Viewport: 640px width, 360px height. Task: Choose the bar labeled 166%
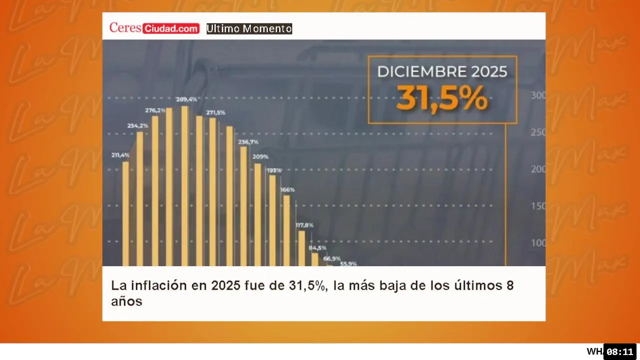(x=286, y=230)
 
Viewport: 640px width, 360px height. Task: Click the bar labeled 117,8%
(x=301, y=248)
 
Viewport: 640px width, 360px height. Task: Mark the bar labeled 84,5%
(x=315, y=259)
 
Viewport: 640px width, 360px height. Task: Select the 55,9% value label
(x=348, y=263)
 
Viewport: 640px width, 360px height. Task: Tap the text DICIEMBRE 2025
(x=442, y=71)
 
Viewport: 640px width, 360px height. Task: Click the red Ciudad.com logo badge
(x=171, y=29)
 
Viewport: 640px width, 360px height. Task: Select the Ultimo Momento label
(x=249, y=29)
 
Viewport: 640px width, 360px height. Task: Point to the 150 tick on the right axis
(x=538, y=206)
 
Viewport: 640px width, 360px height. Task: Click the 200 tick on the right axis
(x=538, y=169)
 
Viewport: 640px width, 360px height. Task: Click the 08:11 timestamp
(x=619, y=351)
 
